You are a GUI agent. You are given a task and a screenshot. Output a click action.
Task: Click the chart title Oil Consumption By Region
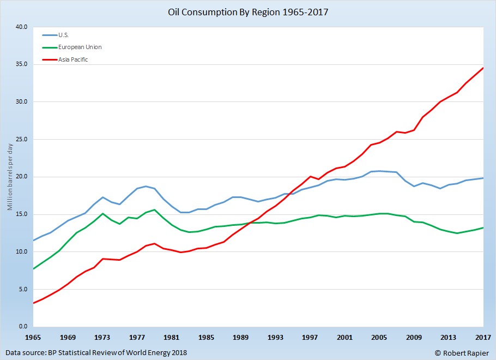click(248, 10)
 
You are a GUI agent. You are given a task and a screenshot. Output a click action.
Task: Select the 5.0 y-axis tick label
click(22, 289)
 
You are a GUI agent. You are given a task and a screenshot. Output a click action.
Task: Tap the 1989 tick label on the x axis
click(240, 337)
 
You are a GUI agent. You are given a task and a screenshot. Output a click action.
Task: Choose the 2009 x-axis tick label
click(414, 337)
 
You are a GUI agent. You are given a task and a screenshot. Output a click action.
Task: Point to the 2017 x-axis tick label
click(483, 337)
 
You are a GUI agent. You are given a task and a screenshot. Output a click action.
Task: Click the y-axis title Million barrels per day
click(10, 176)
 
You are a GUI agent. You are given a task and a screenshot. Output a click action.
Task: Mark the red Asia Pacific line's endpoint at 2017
click(483, 68)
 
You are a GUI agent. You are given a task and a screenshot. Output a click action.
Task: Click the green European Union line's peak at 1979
click(155, 209)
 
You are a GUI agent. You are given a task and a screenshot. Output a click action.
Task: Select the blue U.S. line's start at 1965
click(34, 241)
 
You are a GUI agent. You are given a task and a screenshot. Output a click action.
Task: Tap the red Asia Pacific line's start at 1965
click(34, 303)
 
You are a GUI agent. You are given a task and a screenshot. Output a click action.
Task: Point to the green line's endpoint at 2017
click(483, 227)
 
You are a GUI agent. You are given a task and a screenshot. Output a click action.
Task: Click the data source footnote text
click(96, 352)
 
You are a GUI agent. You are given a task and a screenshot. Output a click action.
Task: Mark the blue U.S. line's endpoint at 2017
click(483, 178)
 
